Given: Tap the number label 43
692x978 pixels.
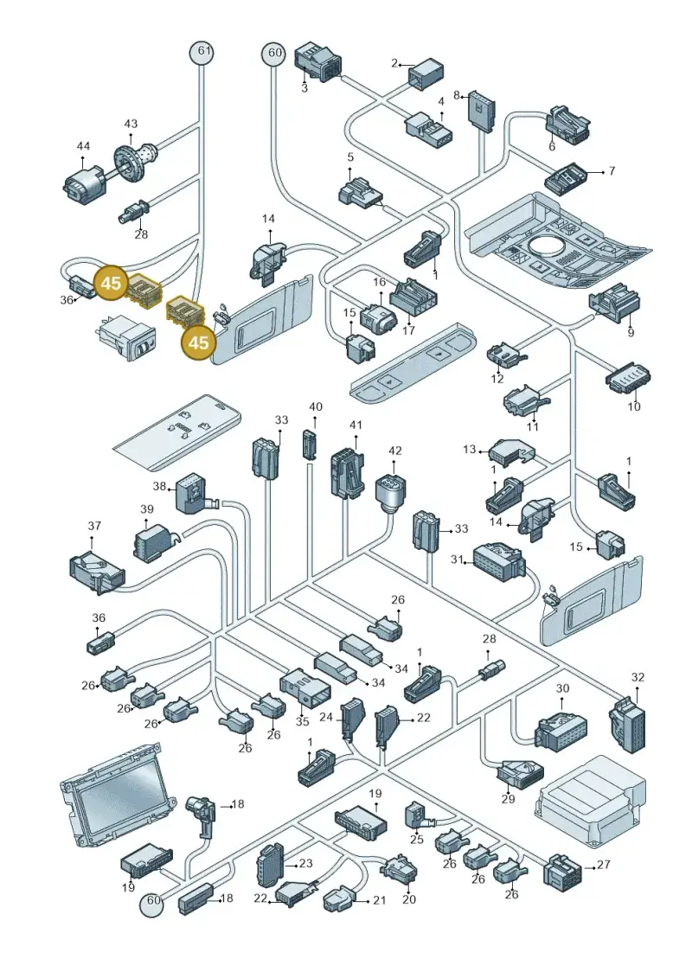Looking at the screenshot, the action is [131, 125].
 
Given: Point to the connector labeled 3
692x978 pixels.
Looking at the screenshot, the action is [317, 61].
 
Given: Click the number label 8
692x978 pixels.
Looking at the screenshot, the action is [457, 95].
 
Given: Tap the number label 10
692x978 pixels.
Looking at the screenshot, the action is [634, 406].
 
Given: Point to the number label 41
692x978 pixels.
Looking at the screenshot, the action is [356, 425].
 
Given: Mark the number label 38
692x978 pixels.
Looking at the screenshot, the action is [159, 486].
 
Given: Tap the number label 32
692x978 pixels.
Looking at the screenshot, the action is [638, 677].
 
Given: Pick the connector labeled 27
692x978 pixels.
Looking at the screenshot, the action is [566, 869].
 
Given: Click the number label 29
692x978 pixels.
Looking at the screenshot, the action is [508, 798].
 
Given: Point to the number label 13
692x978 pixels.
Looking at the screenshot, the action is [469, 449].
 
